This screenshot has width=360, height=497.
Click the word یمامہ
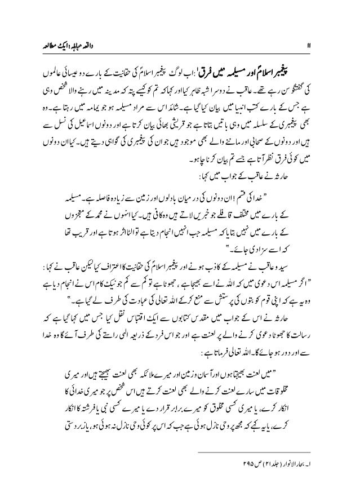coord(89,105)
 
